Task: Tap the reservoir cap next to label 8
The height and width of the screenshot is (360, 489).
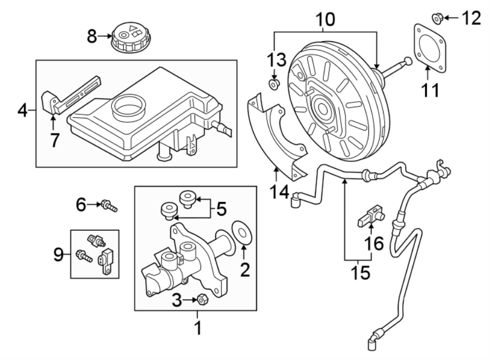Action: (129, 38)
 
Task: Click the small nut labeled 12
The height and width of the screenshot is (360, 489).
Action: (436, 19)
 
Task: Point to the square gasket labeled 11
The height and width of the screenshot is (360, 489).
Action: (430, 49)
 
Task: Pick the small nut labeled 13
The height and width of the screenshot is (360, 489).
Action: (274, 84)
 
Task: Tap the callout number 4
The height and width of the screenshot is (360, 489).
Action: (22, 111)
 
